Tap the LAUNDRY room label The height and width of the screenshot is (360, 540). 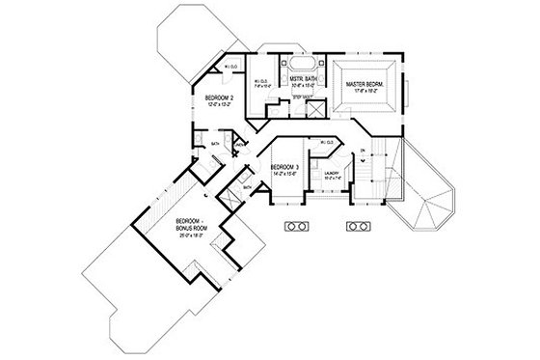330,172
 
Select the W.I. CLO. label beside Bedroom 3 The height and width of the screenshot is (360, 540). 325,141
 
